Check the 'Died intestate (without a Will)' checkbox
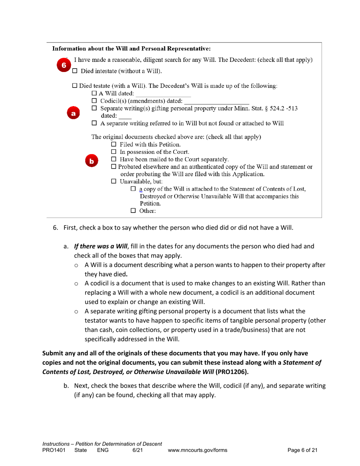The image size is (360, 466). [x=75, y=71]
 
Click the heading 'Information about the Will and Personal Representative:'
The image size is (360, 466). [x=131, y=49]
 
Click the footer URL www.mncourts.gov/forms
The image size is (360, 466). [x=197, y=450]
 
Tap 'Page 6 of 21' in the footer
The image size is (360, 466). [x=302, y=450]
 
